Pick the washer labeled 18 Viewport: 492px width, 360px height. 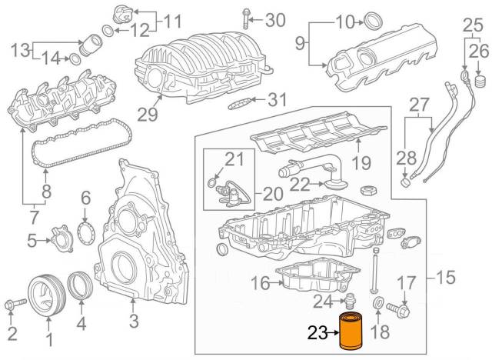pyautogui.click(x=378, y=309)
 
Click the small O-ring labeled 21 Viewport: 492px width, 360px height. pyautogui.click(x=211, y=182)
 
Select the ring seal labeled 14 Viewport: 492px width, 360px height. pyautogui.click(x=77, y=57)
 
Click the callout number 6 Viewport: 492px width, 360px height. pyautogui.click(x=86, y=198)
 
